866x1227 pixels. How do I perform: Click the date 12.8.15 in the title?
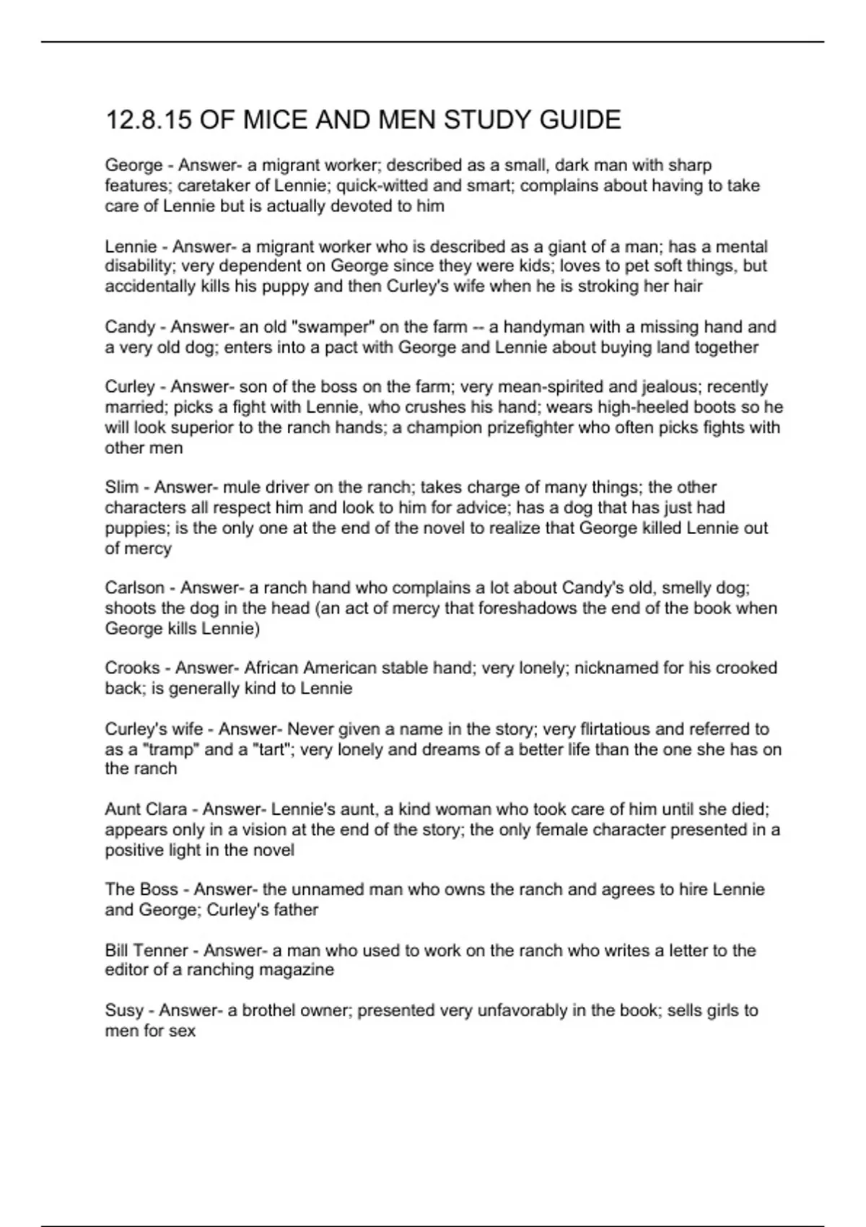(x=148, y=120)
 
